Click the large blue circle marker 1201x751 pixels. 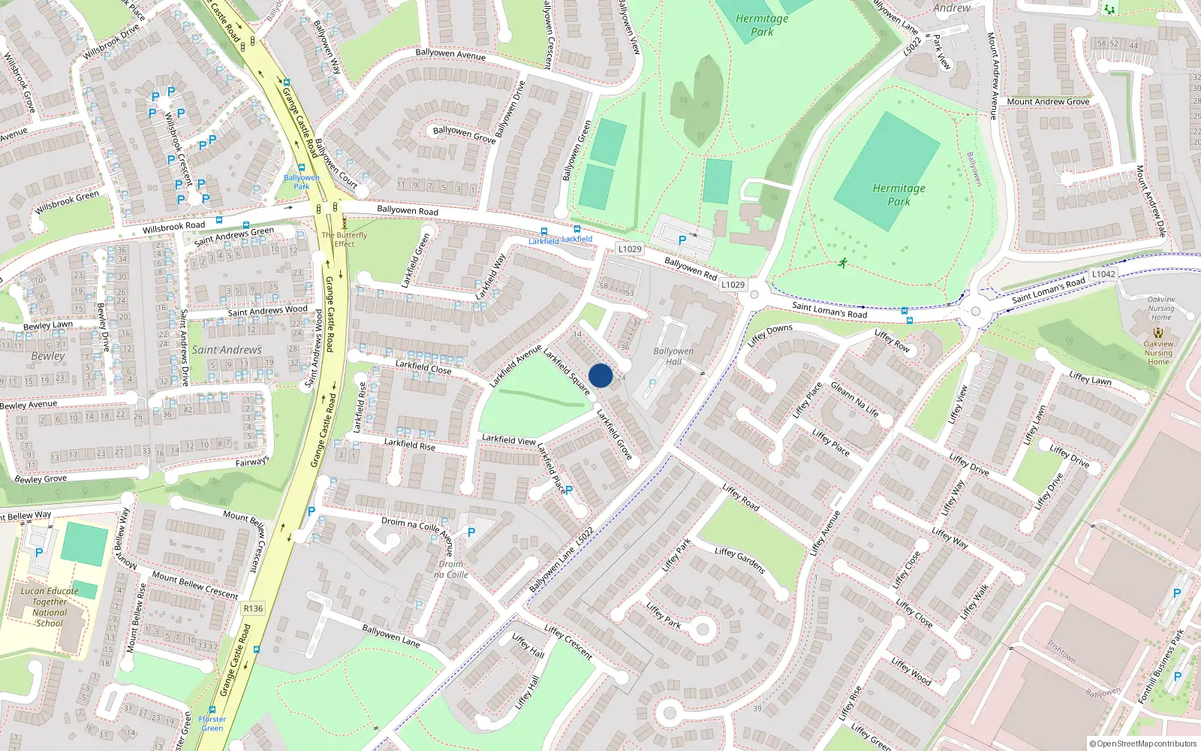tap(600, 375)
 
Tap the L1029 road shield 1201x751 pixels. tap(630, 249)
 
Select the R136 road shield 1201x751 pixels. tap(253, 608)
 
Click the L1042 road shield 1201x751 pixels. tap(1103, 274)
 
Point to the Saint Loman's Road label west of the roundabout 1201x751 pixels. tap(829, 309)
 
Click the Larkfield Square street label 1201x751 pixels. tap(567, 371)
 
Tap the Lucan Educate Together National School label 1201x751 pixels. tap(50, 607)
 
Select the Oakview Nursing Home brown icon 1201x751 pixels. tap(1158, 331)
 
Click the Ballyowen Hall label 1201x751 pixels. tap(673, 356)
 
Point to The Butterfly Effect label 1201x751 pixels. tap(345, 239)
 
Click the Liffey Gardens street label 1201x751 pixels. tap(739, 560)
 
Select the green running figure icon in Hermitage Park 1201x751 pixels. tap(843, 263)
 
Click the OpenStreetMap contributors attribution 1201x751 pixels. tap(1143, 744)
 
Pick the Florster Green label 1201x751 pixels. tap(212, 723)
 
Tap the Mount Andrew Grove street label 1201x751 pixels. tap(1048, 101)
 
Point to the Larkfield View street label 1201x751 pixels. tap(509, 439)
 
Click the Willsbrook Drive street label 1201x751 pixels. tap(111, 42)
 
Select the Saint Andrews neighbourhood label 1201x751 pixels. tap(227, 350)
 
